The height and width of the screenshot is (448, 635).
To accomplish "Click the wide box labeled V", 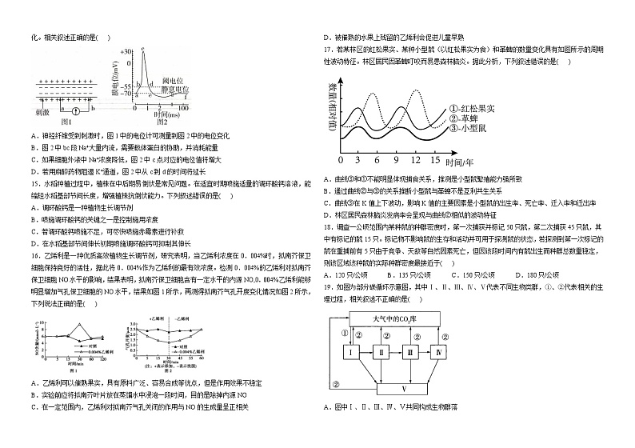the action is [403, 389].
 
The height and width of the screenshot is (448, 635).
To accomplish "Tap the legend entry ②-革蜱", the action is [467, 118].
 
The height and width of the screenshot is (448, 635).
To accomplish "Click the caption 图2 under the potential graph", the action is [162, 122].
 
